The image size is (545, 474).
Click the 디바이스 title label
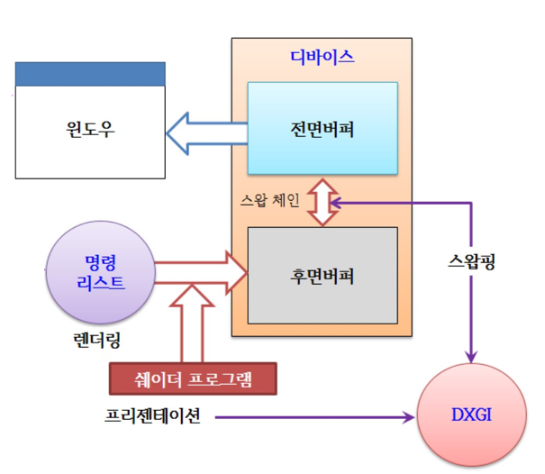pos(322,57)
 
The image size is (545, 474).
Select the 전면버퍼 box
pos(322,128)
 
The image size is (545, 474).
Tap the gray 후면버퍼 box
pos(322,275)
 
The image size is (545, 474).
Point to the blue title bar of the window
pos(89,74)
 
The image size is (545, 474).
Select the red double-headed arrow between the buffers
pos(321,204)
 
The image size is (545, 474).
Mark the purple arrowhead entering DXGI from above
pos(471,357)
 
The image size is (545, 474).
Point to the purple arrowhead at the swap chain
pos(337,204)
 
